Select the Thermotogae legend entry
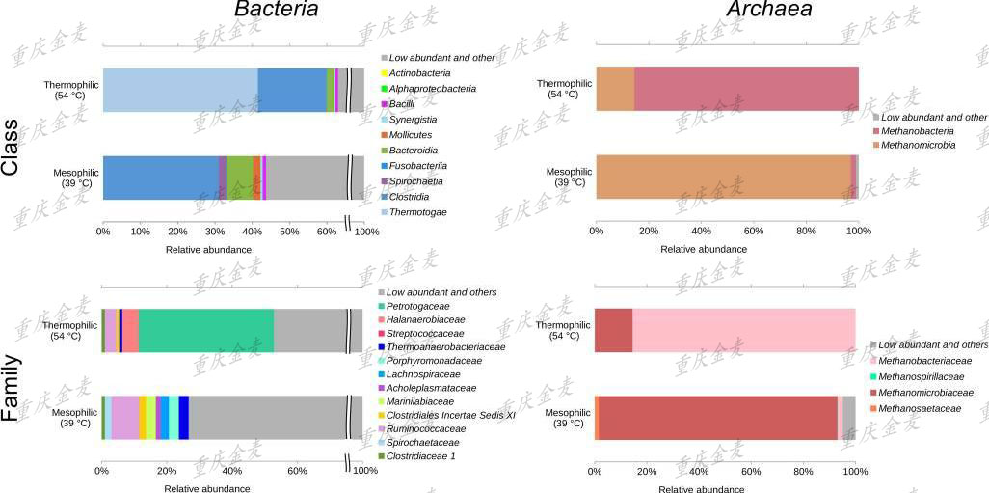coord(417,212)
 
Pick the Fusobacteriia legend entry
coord(421,166)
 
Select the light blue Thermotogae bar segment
coord(180,91)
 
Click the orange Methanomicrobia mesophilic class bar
coord(723,178)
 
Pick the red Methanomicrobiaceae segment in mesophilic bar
coord(718,418)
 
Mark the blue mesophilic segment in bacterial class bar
coord(160,178)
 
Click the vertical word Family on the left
coord(11,388)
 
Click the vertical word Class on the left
coord(11,148)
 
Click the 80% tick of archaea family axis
coord(803,472)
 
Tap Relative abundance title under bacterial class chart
coord(208,250)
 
